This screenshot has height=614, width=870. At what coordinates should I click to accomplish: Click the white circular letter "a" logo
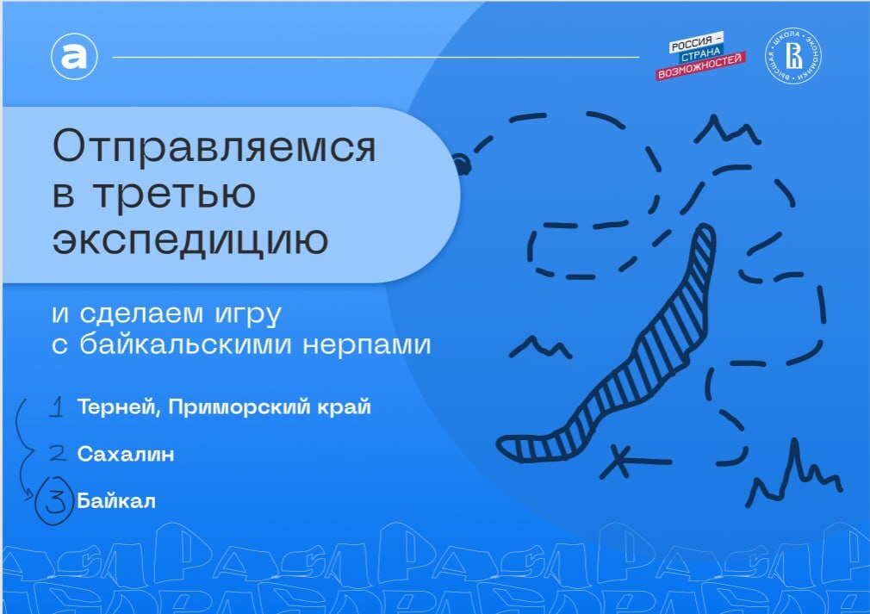[x=74, y=57]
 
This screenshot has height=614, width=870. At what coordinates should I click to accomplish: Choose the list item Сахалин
[x=125, y=453]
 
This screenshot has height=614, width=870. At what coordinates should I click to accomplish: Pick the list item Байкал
[x=116, y=500]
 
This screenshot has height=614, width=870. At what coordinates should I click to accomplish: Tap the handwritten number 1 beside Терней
[x=56, y=407]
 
